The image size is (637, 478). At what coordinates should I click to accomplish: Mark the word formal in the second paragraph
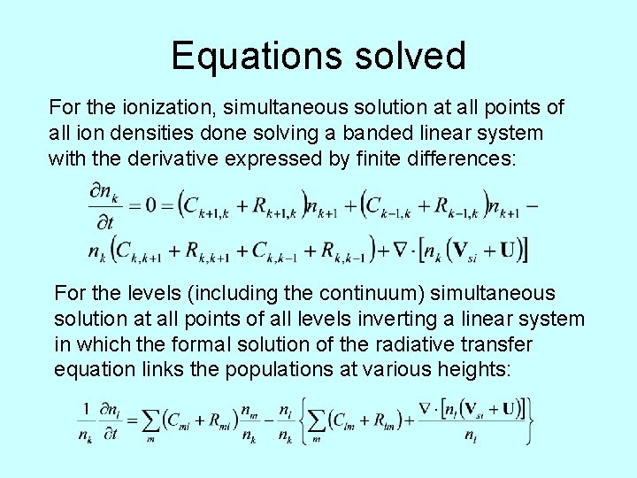click(173, 343)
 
